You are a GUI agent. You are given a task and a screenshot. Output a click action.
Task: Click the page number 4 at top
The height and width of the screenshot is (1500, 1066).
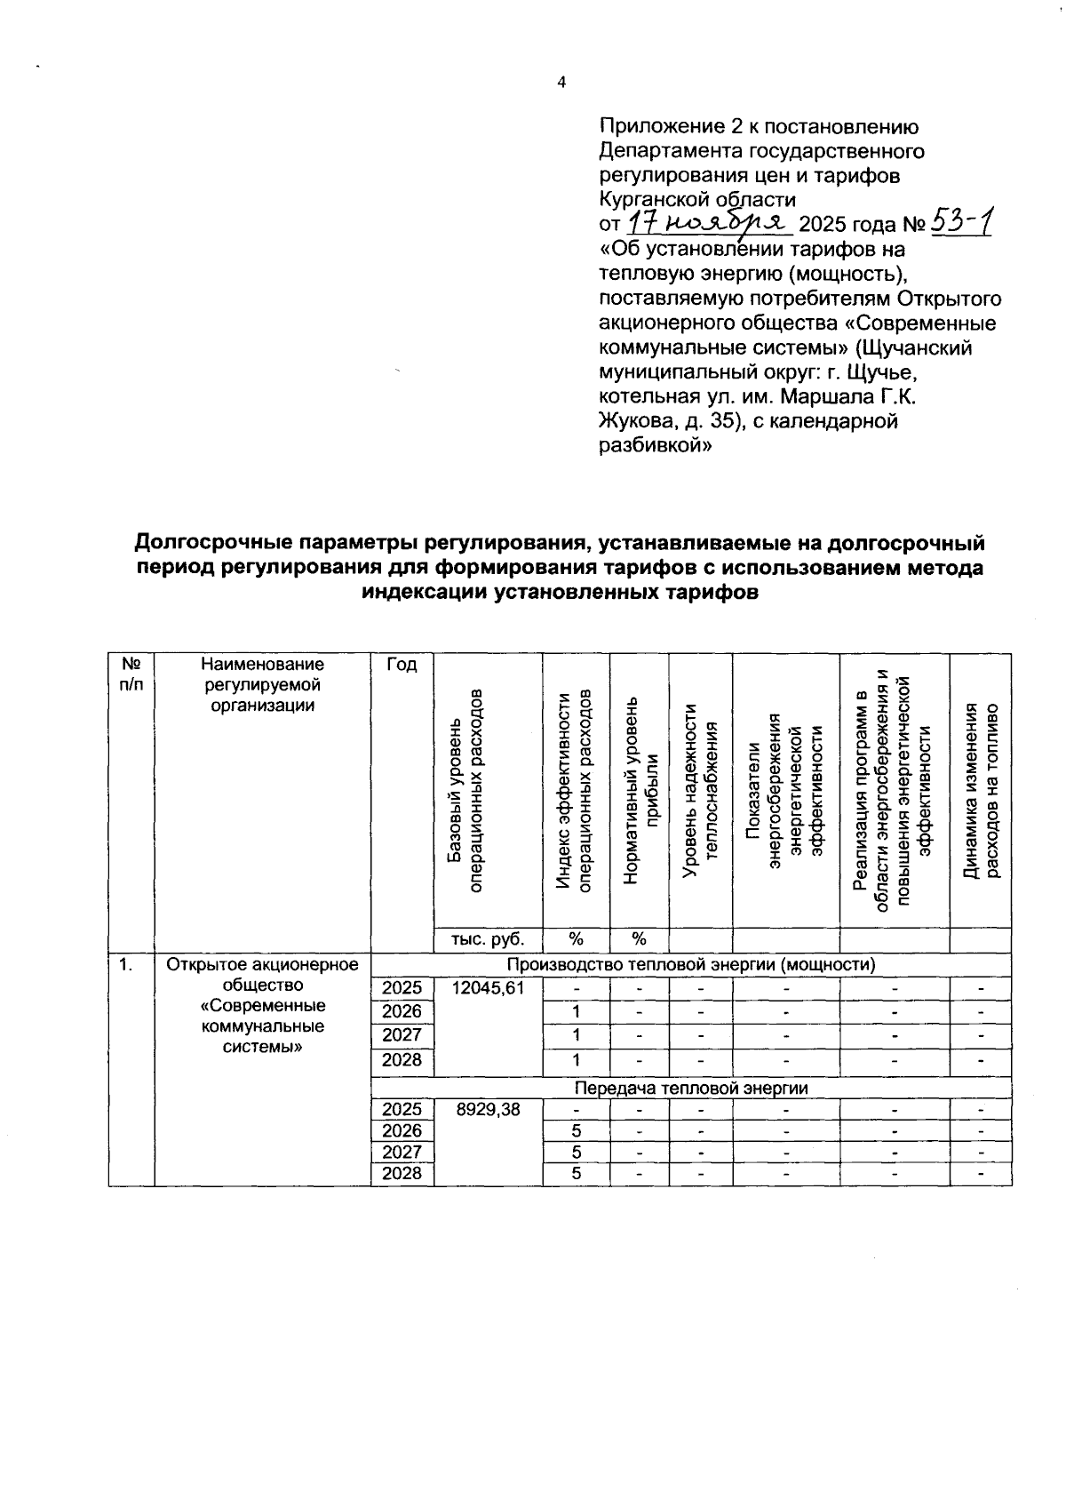tap(561, 83)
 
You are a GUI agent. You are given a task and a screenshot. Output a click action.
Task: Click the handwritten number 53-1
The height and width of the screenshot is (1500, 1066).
tap(959, 220)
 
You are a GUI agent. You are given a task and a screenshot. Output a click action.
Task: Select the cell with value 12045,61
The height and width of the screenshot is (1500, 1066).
tap(487, 987)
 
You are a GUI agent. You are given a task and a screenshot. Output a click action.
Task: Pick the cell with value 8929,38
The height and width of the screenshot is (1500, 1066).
tap(487, 1109)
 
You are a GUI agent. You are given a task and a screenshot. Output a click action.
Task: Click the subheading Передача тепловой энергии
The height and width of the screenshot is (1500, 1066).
tap(691, 1088)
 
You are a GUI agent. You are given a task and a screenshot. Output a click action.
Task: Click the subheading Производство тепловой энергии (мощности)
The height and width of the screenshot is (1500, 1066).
tap(691, 964)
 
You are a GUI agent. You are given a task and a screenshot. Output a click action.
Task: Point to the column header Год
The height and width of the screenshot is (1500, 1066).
tap(402, 666)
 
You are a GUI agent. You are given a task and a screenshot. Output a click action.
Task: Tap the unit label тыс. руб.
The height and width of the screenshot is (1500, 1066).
tap(487, 939)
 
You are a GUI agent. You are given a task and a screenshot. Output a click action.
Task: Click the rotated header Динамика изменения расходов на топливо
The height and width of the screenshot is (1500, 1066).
tap(981, 791)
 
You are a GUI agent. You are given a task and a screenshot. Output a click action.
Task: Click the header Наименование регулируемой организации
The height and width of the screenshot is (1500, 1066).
tap(262, 685)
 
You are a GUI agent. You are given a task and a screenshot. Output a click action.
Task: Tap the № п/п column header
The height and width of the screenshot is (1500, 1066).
tap(131, 674)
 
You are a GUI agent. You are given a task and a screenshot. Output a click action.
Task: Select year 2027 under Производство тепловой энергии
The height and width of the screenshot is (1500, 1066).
tap(402, 1035)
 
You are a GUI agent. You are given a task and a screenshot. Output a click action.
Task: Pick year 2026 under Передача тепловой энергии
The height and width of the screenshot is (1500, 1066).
tap(402, 1130)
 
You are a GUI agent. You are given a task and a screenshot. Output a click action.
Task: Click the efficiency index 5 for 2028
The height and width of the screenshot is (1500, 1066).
tap(576, 1173)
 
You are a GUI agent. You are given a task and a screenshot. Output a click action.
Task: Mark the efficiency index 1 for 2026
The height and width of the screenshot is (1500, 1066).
tap(576, 1011)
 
